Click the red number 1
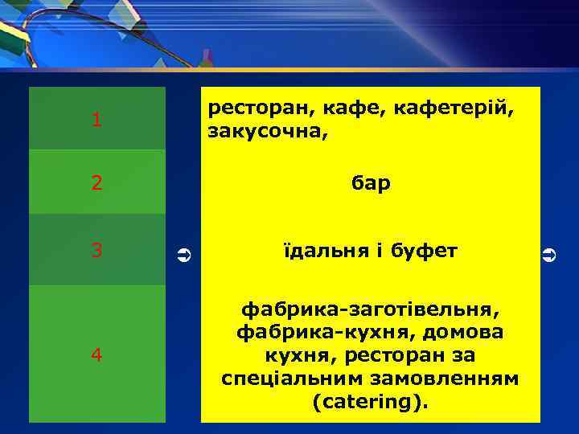(x=96, y=121)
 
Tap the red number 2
(x=96, y=183)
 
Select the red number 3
(x=96, y=251)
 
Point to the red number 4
(x=96, y=355)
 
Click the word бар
(x=371, y=183)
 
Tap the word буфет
(x=424, y=251)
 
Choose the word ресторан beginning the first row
(x=256, y=108)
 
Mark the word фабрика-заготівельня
(x=371, y=308)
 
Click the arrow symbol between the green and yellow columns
(x=183, y=256)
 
